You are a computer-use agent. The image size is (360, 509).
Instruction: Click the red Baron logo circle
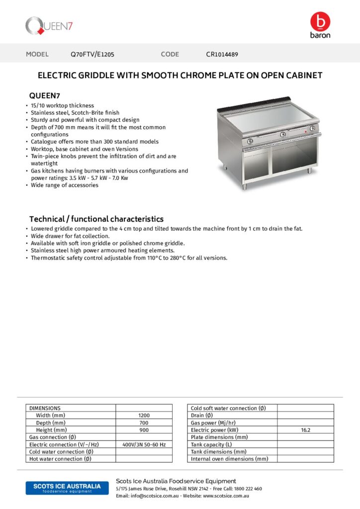click(320, 22)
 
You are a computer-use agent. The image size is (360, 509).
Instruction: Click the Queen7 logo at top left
click(49, 25)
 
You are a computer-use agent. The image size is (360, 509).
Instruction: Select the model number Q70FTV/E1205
click(92, 54)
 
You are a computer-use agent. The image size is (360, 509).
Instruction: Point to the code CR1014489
click(225, 54)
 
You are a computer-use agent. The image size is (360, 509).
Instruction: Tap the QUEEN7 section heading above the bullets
click(45, 95)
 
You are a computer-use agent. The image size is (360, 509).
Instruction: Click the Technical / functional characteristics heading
click(96, 219)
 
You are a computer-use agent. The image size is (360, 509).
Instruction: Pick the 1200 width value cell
click(144, 415)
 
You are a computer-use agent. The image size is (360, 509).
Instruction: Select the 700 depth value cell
click(144, 423)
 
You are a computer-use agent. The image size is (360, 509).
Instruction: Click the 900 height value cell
click(144, 429)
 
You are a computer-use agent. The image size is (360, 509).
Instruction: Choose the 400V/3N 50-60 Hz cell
click(144, 444)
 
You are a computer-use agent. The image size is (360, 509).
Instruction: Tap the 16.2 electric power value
click(305, 429)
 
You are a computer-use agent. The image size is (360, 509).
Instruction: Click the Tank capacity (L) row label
click(211, 444)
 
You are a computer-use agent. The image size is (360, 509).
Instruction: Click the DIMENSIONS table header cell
click(45, 408)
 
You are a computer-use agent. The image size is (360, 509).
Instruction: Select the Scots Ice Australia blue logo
click(63, 488)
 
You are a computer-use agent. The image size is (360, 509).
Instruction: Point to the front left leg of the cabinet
click(244, 187)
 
